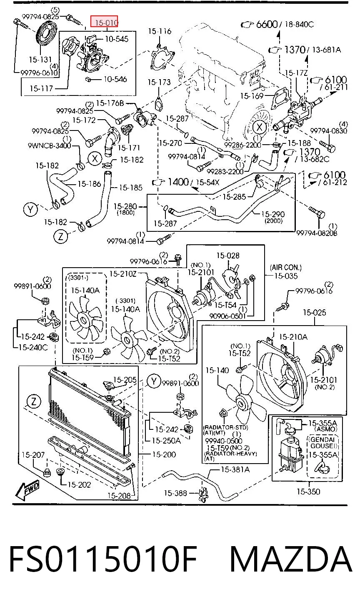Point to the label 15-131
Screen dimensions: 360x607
click(x=40, y=59)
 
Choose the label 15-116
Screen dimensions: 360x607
click(x=160, y=31)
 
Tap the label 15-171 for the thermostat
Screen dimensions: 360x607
click(x=129, y=148)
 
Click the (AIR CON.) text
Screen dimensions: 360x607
click(x=286, y=268)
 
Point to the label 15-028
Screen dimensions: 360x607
click(x=228, y=256)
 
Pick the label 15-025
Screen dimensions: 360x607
click(x=315, y=312)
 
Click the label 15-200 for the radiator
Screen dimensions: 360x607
click(x=164, y=454)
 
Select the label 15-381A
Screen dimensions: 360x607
click(x=235, y=469)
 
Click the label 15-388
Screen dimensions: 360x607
click(x=175, y=493)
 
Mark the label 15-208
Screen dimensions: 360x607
click(x=119, y=496)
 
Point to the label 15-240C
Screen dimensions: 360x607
click(x=33, y=347)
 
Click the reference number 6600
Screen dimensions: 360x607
click(x=267, y=24)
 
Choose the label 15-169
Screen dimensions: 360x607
click(x=252, y=96)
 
